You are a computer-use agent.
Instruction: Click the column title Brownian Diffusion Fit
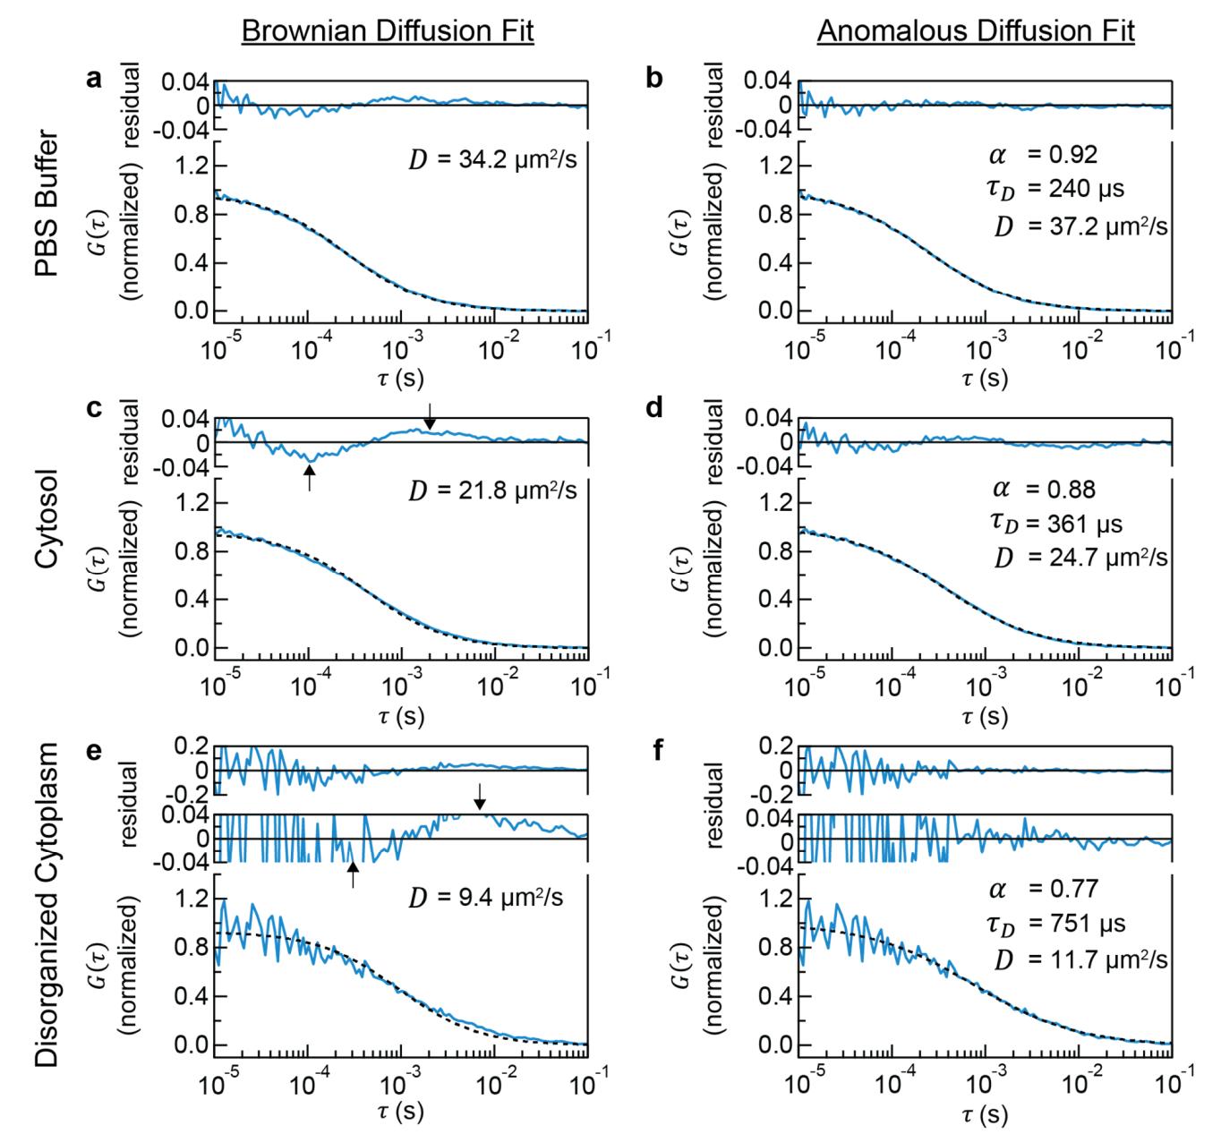pos(388,32)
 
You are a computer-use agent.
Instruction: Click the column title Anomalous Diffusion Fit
pos(976,32)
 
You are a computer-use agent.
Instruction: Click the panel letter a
pos(93,79)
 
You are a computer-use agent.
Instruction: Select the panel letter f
pos(658,748)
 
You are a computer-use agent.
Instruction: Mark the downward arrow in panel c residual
pos(430,416)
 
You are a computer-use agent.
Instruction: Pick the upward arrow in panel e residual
pos(353,874)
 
